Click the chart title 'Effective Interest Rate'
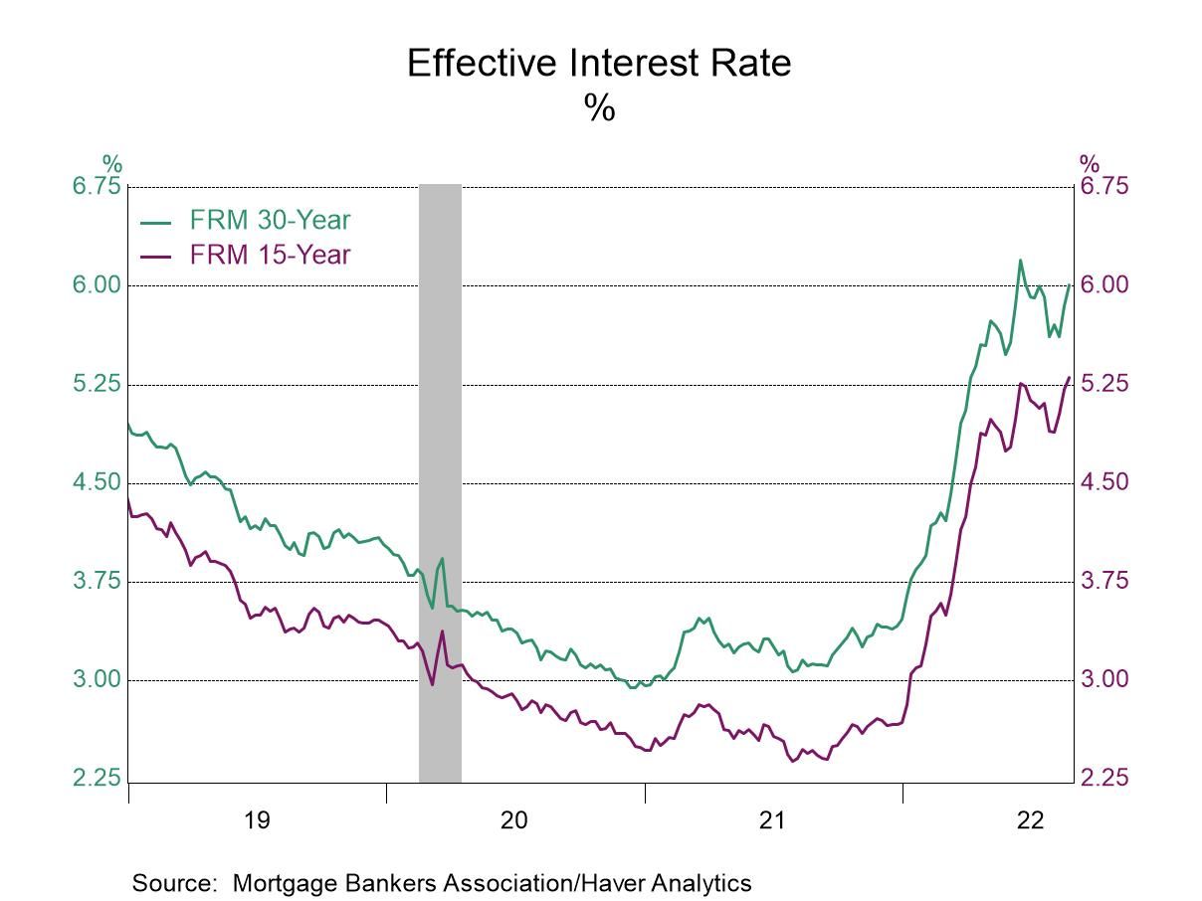[x=599, y=64]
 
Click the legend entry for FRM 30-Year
[x=270, y=220]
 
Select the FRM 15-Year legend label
[x=270, y=256]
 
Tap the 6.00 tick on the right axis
[x=1104, y=285]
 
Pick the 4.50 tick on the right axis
[x=1104, y=483]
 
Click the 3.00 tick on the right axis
[x=1104, y=680]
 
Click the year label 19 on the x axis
[x=257, y=820]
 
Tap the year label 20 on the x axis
[x=514, y=820]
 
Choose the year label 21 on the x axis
[x=773, y=820]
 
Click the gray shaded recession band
[x=440, y=477]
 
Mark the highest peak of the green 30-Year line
[x=1020, y=261]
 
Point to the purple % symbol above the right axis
[x=1090, y=164]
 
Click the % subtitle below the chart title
[x=599, y=107]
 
